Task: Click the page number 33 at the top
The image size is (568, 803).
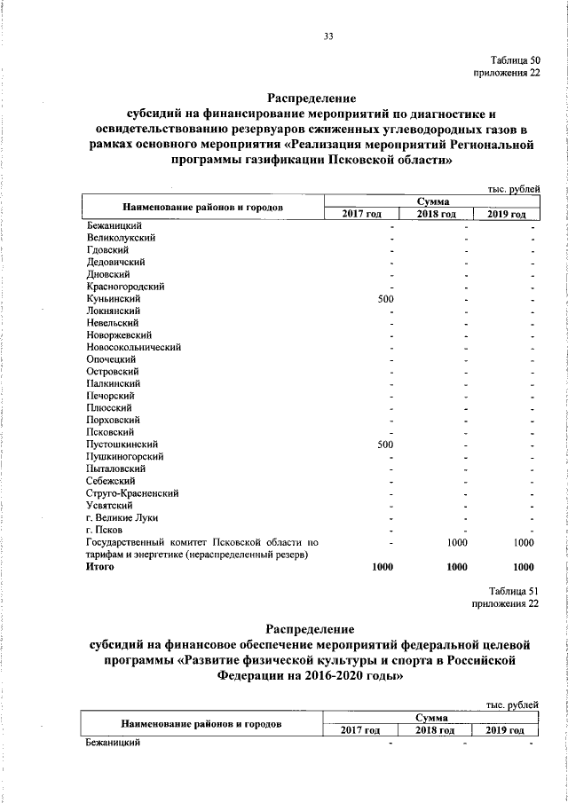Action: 328,36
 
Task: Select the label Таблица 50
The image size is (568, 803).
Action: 516,60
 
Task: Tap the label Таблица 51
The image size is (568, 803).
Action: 515,590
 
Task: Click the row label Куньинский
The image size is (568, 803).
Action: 113,299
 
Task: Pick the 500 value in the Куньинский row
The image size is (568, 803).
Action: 385,299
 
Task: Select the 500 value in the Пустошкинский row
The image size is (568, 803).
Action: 385,444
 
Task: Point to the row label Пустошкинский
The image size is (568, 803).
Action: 122,444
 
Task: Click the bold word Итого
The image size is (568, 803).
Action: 101,565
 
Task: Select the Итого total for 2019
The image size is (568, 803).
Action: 524,566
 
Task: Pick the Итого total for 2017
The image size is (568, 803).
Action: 383,566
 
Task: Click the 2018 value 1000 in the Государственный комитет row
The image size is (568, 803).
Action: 456,541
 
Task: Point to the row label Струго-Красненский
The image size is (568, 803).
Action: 133,492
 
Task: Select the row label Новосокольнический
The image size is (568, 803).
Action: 133,347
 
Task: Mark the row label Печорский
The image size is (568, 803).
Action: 110,395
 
